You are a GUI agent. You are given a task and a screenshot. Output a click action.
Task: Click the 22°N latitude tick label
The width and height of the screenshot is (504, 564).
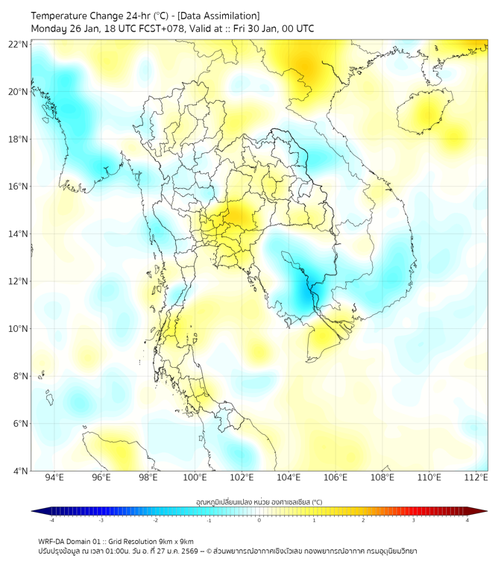point(19,44)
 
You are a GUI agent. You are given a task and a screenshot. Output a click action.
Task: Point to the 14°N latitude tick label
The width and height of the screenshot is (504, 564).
point(19,234)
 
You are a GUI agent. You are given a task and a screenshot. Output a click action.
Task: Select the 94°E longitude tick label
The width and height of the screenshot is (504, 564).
point(54,477)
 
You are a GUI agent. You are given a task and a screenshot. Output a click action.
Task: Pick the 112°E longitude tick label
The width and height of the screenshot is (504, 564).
point(476,477)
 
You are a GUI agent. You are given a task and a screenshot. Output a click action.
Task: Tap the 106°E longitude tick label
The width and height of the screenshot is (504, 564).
point(336,477)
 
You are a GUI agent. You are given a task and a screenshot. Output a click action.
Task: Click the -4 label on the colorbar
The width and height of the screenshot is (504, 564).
point(51,520)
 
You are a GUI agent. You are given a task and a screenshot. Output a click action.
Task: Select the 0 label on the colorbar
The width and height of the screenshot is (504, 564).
point(259,520)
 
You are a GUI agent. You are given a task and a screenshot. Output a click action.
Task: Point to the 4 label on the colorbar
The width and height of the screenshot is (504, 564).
point(467,520)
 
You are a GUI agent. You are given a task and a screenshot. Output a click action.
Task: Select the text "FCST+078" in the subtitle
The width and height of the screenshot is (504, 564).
point(157,29)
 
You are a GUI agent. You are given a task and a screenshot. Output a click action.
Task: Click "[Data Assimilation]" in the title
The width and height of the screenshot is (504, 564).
point(218,16)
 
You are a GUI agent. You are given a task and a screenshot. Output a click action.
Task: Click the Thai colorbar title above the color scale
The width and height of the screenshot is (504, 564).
point(259,502)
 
